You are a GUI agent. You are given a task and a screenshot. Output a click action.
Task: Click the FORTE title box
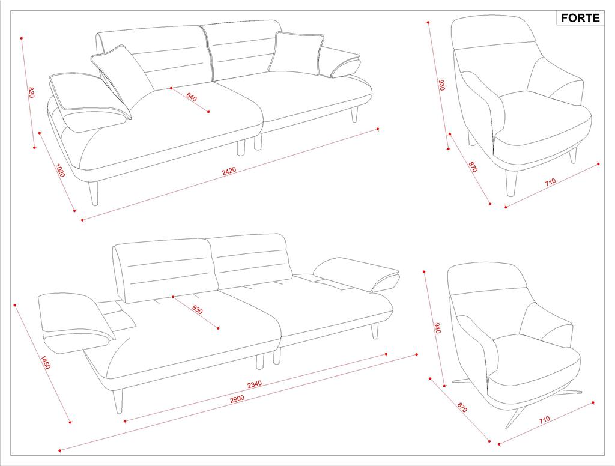click(x=580, y=18)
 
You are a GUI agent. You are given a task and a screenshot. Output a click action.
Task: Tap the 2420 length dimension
click(x=229, y=171)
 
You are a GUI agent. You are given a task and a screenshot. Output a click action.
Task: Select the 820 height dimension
click(x=31, y=92)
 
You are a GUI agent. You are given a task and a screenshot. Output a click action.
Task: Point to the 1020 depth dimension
click(x=59, y=170)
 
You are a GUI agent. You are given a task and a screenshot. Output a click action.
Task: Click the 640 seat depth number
click(x=192, y=97)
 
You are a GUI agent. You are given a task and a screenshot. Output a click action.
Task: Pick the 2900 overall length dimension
click(x=237, y=399)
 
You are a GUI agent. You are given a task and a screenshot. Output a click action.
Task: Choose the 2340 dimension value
click(x=255, y=384)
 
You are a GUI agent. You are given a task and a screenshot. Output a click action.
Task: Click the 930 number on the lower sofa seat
click(x=198, y=309)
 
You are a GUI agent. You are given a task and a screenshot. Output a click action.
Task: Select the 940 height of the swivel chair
click(x=437, y=328)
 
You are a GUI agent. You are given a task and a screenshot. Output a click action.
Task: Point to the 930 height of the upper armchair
click(x=441, y=85)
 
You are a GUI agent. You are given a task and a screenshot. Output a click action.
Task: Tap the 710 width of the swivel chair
click(x=544, y=420)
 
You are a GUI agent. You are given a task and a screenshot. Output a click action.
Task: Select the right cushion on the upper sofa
click(x=295, y=53)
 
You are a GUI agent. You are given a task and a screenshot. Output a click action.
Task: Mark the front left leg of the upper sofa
click(x=93, y=193)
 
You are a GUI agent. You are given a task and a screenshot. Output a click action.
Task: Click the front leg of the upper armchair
click(x=511, y=183)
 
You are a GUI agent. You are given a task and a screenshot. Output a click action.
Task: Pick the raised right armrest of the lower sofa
click(x=356, y=274)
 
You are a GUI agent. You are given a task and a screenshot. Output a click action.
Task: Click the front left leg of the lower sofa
click(x=118, y=401)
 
